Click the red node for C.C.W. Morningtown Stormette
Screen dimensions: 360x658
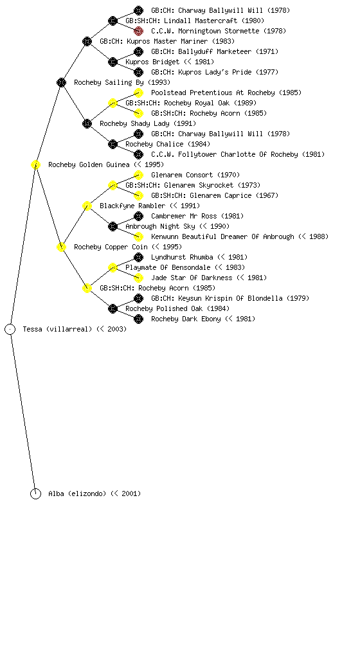(x=138, y=31)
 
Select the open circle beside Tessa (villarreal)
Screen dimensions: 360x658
(x=10, y=330)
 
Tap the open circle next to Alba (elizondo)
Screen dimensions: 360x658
(x=35, y=494)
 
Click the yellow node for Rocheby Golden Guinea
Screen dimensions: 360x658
(x=35, y=165)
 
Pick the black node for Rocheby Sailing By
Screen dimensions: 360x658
(x=61, y=83)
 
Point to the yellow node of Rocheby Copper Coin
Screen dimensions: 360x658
(x=61, y=247)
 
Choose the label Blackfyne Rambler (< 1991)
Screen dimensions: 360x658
(x=150, y=206)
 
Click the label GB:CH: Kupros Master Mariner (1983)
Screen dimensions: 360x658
(x=167, y=42)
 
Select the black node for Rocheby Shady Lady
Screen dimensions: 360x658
(x=87, y=124)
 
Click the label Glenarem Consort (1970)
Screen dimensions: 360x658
(x=195, y=175)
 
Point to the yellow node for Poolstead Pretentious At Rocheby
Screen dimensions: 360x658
(x=138, y=93)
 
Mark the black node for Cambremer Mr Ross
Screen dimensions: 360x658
(x=138, y=216)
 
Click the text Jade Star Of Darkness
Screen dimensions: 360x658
(x=192, y=278)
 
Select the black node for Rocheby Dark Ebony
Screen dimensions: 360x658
(x=138, y=319)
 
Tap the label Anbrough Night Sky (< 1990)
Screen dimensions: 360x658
(x=177, y=227)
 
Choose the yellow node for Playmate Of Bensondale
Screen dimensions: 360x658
(x=113, y=268)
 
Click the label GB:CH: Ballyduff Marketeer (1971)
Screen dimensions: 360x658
(x=215, y=51)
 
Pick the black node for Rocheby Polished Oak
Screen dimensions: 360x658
(x=113, y=309)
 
